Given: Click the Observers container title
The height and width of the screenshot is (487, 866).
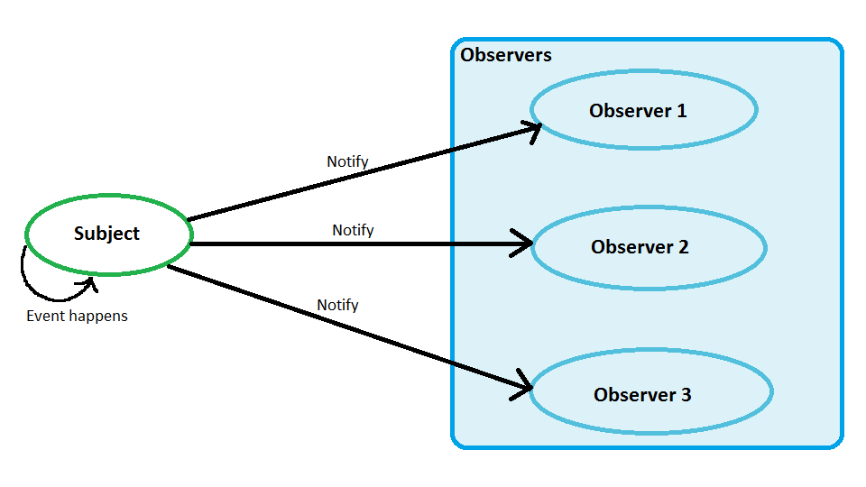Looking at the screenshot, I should pos(506,55).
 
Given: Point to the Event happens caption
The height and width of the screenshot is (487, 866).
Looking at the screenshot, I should pos(77,316).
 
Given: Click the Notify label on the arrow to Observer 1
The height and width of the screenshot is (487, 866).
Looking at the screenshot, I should pos(347,161).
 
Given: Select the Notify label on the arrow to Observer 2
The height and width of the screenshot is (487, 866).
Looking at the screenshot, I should pos(353,230).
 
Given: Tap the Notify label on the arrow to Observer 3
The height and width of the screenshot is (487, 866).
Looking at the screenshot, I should pos(337,305).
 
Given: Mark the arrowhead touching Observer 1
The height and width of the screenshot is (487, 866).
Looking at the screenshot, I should pos(531,130).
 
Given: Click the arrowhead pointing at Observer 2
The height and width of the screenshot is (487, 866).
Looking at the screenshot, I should pos(525,243).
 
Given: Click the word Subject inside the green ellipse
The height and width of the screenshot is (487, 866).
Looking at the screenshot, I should pos(106,234).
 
